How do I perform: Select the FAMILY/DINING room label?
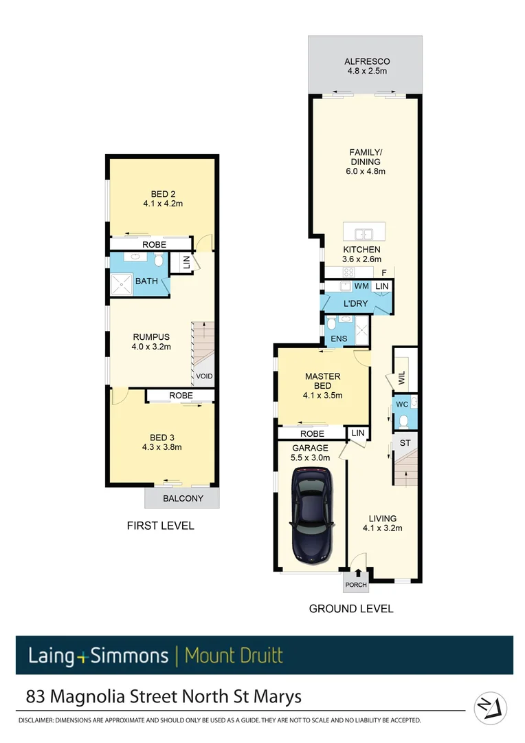pos(365,157)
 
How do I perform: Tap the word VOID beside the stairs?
pos(204,376)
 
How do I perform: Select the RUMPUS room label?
pos(151,336)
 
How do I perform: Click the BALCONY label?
pos(183,498)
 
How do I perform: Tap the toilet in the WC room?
pos(404,419)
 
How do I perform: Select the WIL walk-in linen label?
pos(402,378)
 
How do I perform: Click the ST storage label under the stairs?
pos(404,444)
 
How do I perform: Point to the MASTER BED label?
pos(322,381)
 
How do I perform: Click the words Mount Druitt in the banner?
pos(234,655)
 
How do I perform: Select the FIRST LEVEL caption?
pos(161,526)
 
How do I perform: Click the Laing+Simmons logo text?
pos(98,655)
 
